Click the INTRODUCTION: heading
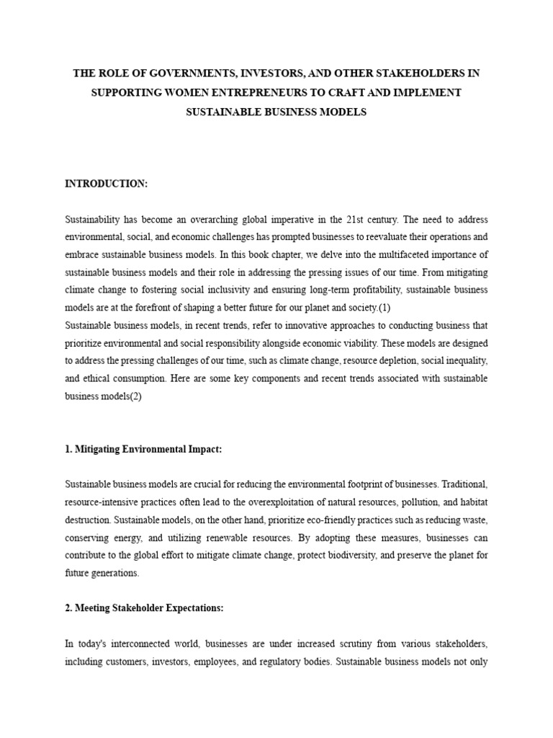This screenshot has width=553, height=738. (x=106, y=184)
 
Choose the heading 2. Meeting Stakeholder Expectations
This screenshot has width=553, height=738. (x=144, y=608)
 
